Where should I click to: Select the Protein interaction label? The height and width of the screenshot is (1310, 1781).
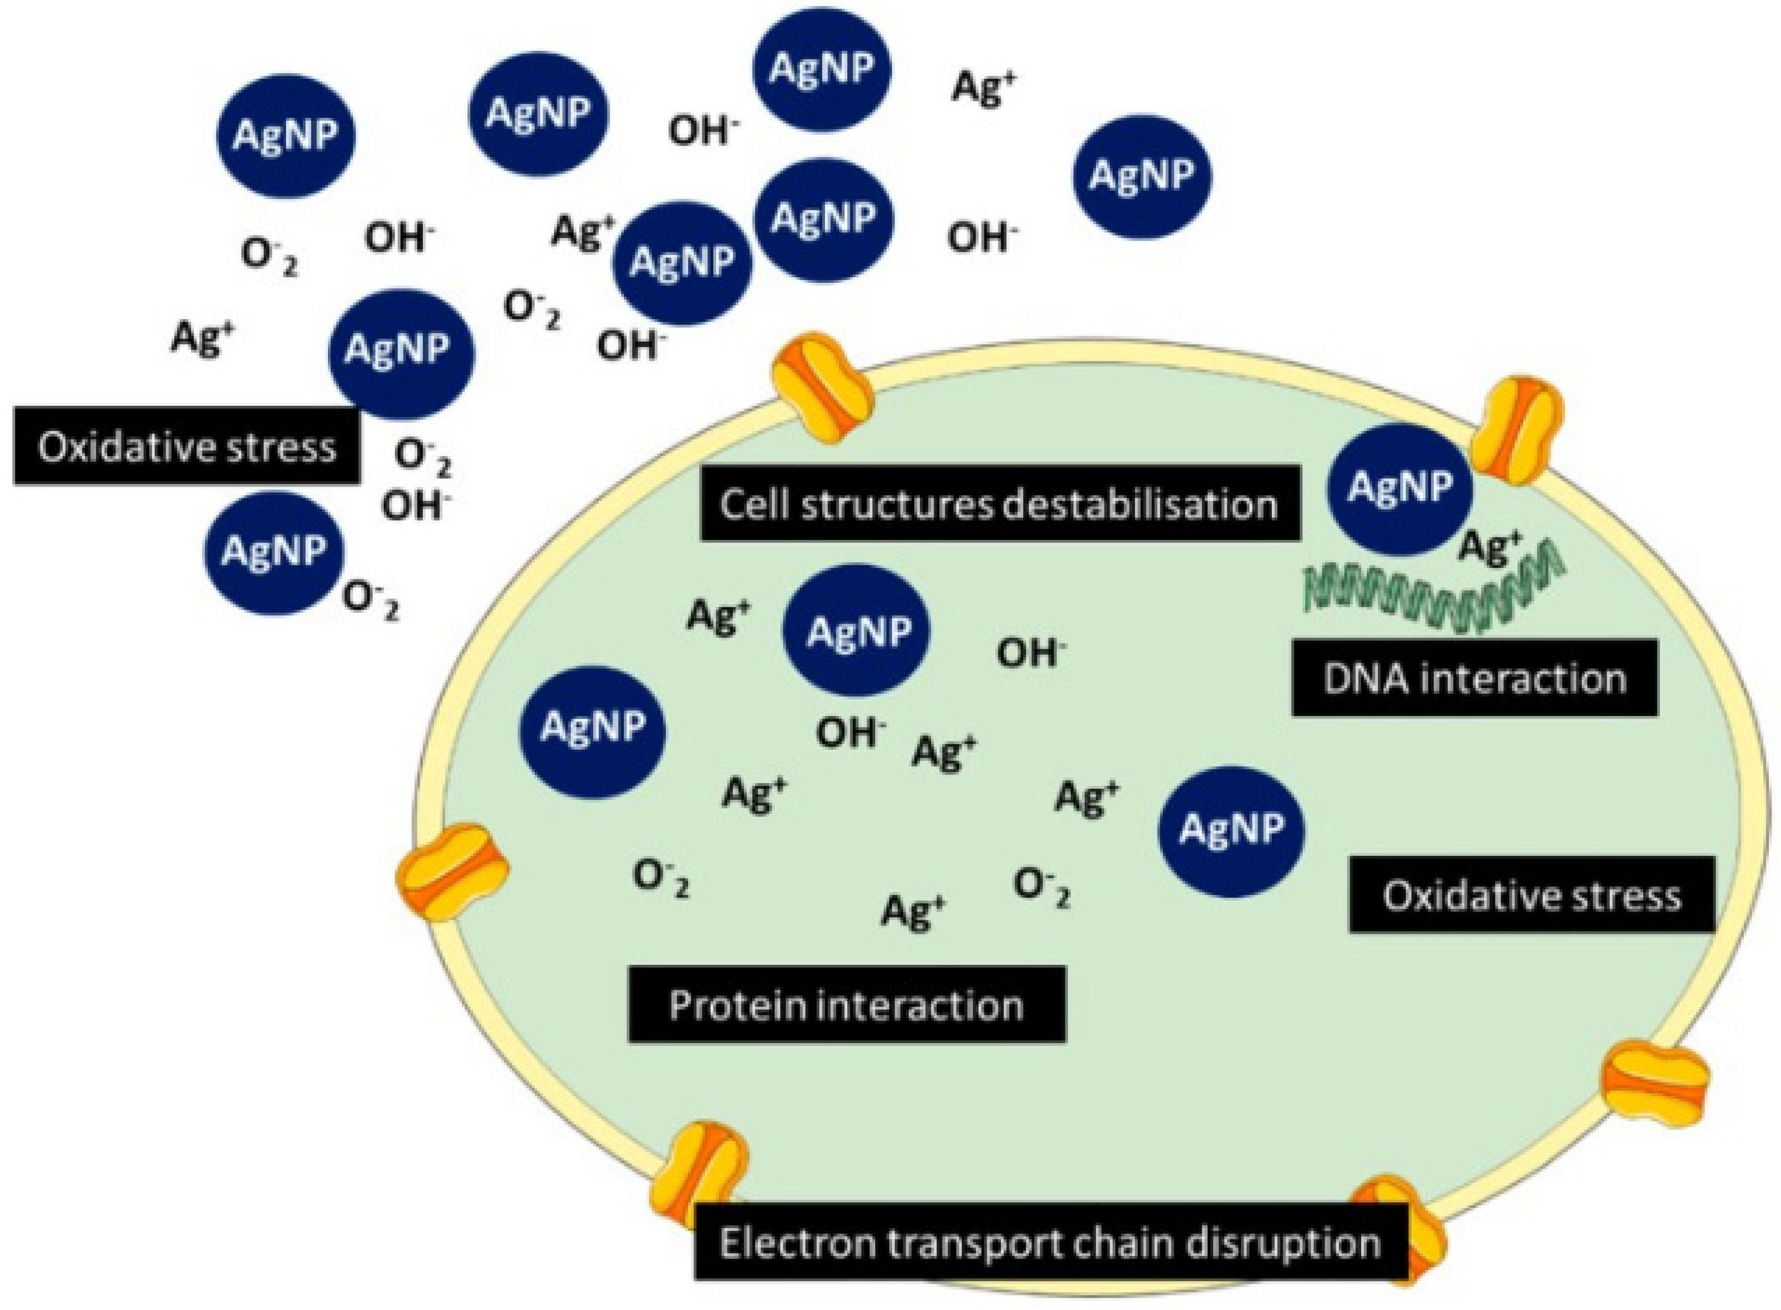(x=846, y=1005)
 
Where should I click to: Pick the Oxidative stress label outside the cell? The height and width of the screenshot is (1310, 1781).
(x=186, y=446)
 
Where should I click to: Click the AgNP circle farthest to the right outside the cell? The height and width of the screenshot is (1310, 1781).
(x=1142, y=175)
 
